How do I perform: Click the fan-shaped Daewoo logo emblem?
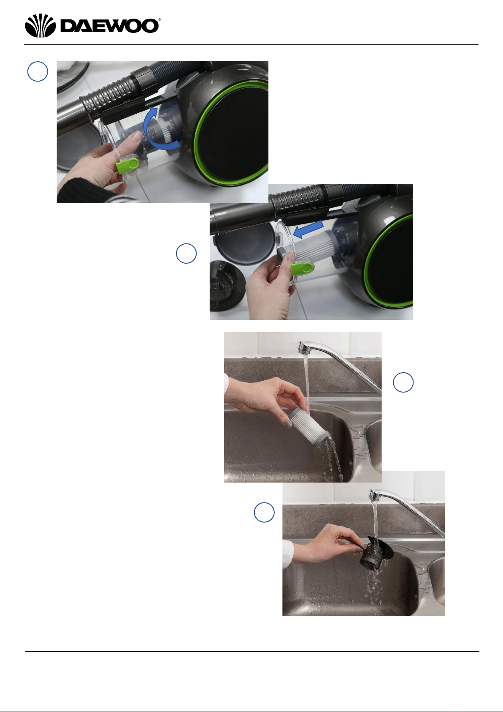click(41, 25)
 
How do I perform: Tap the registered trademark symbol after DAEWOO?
click(160, 20)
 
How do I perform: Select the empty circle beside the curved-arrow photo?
click(38, 71)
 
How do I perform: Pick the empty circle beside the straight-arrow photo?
click(186, 254)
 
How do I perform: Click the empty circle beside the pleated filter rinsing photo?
click(403, 382)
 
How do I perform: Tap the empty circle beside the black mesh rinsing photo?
click(264, 513)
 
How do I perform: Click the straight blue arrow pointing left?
click(308, 229)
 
